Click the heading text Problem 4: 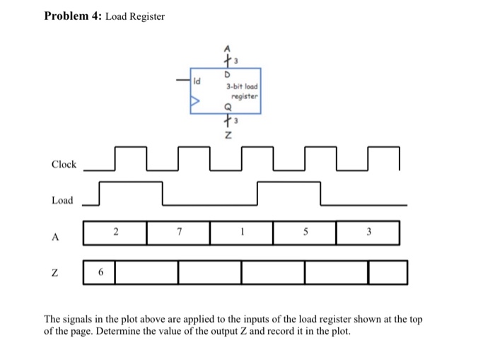73,16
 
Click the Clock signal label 64,164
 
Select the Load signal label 62,200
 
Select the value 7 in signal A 180,231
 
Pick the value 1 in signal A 242,231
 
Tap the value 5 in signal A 305,231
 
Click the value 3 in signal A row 368,231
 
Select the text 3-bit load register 242,91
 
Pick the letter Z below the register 228,137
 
